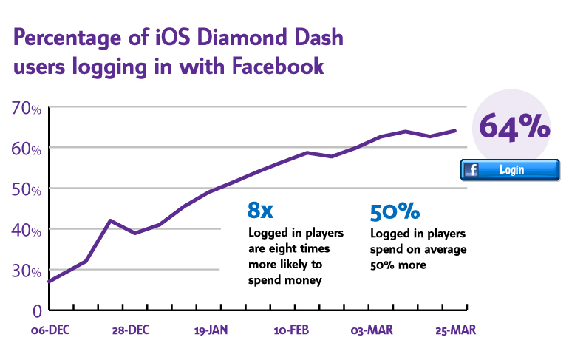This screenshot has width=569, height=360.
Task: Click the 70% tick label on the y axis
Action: (27, 109)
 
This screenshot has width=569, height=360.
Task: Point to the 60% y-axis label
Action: (27, 149)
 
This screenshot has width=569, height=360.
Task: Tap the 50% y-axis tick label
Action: (27, 189)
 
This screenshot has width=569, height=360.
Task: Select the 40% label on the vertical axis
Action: (27, 230)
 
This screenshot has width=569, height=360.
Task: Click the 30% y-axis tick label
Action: (27, 271)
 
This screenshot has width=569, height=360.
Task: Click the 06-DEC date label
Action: (50, 330)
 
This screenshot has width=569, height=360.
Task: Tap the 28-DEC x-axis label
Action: (132, 330)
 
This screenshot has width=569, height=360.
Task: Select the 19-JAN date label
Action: (211, 330)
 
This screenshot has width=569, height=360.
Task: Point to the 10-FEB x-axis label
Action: (291, 330)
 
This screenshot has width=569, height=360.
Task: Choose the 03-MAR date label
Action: (371, 330)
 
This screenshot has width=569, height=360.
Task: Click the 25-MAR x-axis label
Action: (452, 330)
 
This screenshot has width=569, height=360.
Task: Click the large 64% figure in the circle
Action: (515, 125)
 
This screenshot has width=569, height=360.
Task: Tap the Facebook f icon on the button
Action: (471, 170)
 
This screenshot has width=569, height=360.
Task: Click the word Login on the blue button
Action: (511, 170)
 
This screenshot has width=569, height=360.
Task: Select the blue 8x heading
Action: (260, 211)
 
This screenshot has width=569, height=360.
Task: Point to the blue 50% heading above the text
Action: (395, 211)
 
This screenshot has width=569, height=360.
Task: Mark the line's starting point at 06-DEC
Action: (49, 282)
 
